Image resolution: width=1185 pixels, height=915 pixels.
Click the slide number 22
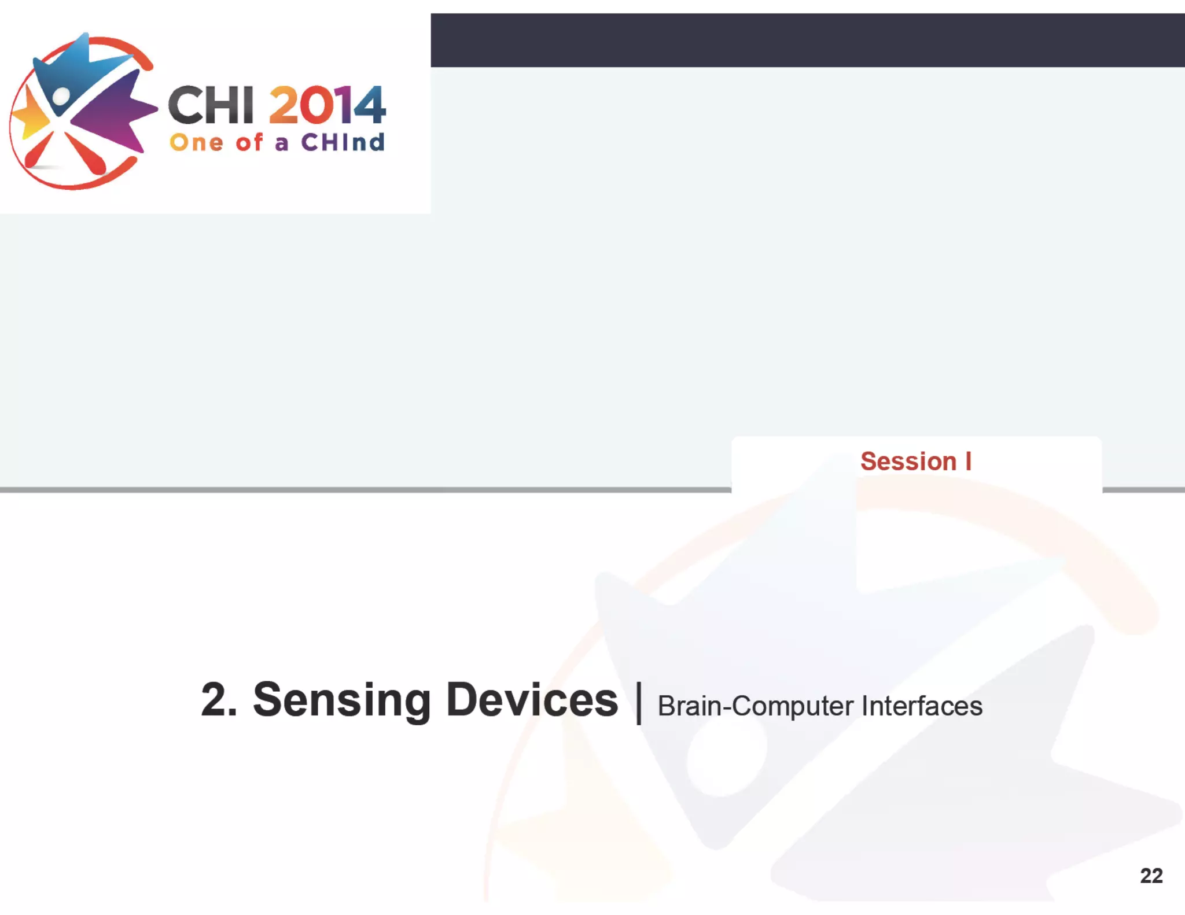(x=1151, y=876)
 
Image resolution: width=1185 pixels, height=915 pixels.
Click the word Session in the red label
(x=908, y=462)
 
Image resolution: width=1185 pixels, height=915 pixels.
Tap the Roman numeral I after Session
(x=968, y=462)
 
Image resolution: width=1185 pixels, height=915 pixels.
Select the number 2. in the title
(x=219, y=700)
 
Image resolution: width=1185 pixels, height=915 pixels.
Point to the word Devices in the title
(x=532, y=700)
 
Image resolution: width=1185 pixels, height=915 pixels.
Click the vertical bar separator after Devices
(x=639, y=703)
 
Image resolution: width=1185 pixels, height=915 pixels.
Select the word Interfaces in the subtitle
(x=922, y=706)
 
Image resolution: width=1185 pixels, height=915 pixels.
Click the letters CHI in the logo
(x=211, y=105)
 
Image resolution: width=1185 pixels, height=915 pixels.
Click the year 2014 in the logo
(x=327, y=105)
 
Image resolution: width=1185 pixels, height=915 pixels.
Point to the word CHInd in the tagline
(x=343, y=142)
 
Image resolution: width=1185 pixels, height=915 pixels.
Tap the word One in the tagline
(x=196, y=142)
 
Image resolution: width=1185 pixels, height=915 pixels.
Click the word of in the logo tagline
(x=249, y=142)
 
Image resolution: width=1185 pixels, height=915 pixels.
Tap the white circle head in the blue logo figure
(x=61, y=96)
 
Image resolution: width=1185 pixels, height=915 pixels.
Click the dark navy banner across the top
(x=807, y=40)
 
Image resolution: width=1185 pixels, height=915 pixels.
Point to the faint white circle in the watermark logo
(x=727, y=758)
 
